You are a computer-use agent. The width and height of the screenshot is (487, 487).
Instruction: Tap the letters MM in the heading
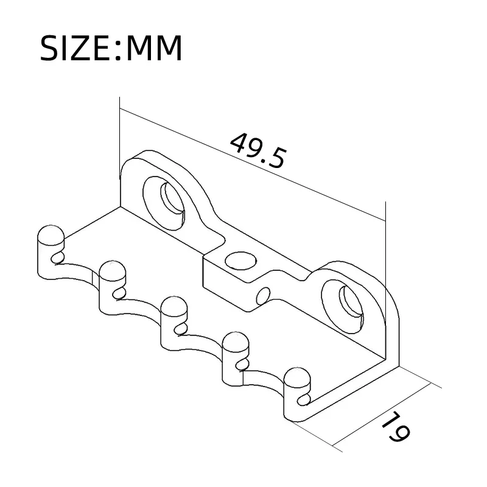pyautogui.click(x=153, y=49)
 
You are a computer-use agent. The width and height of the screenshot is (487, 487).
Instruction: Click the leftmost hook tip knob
pyautogui.click(x=50, y=237)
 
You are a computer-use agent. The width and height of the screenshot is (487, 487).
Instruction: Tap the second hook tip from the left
pyautogui.click(x=111, y=272)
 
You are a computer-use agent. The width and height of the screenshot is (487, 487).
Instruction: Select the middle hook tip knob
pyautogui.click(x=172, y=307)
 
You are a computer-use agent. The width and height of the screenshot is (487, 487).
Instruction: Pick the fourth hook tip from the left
pyautogui.click(x=234, y=342)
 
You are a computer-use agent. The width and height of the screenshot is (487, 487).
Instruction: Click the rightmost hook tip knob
pyautogui.click(x=296, y=377)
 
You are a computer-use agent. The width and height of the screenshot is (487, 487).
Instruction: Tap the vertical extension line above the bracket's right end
pyautogui.click(x=385, y=243)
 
